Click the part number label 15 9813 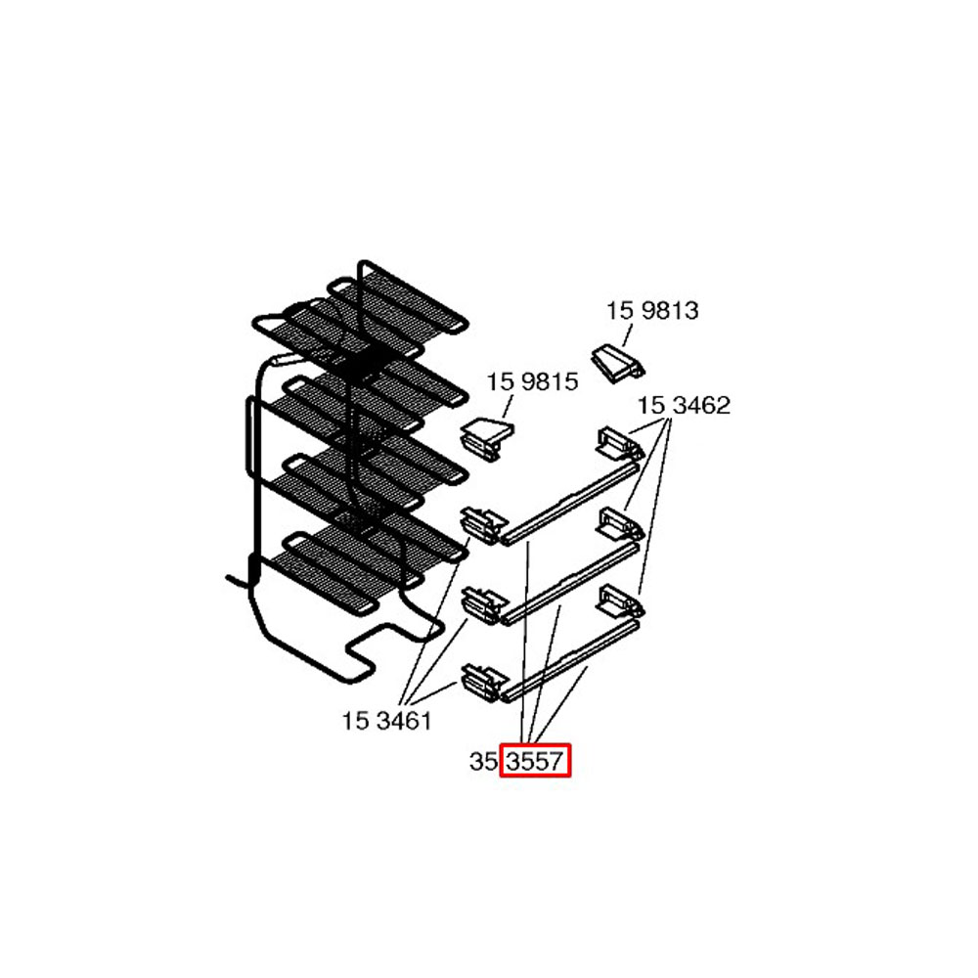[652, 311]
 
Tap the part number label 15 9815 [532, 381]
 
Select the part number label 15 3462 [684, 406]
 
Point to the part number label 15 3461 [386, 721]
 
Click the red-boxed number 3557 [535, 762]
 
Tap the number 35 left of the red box [483, 762]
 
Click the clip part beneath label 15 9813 [617, 365]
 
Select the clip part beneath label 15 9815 [488, 439]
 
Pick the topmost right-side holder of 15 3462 [619, 444]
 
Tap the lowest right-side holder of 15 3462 [620, 601]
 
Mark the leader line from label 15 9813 [628, 335]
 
